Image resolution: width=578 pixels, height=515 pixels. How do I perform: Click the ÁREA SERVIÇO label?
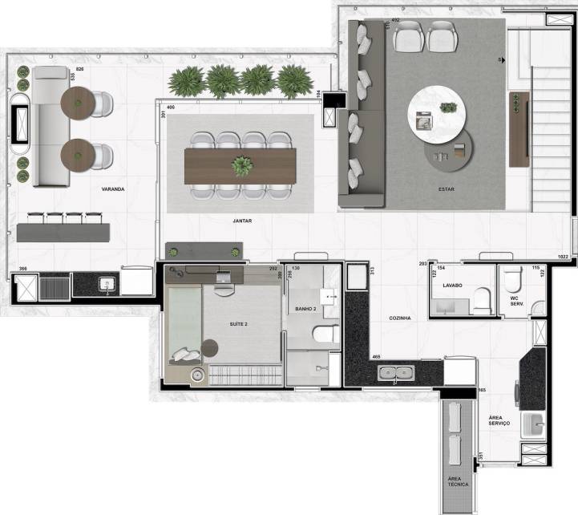502,424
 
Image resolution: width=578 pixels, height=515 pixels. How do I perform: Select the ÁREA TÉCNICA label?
458,481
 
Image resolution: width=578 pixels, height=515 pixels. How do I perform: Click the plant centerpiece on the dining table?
241,165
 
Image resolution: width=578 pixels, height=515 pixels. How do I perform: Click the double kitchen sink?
397,372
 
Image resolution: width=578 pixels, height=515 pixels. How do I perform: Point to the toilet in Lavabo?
480,301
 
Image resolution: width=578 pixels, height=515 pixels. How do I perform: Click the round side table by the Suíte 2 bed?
210,347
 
